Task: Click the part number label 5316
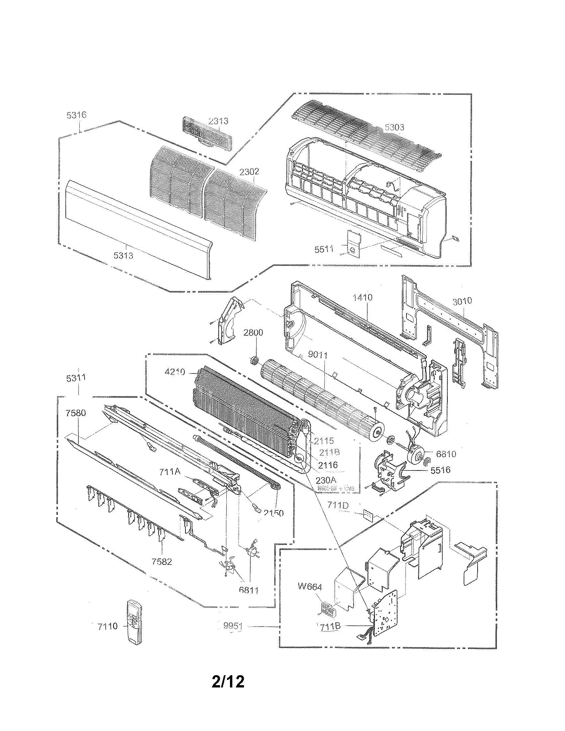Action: (x=76, y=115)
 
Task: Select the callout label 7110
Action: (x=108, y=626)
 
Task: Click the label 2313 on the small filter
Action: (x=218, y=121)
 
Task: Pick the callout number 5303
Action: (x=394, y=127)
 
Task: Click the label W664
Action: (x=310, y=586)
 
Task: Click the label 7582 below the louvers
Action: (x=162, y=561)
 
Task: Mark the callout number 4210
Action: (x=175, y=371)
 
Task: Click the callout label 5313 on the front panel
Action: (x=123, y=256)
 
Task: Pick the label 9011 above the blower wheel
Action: (x=317, y=355)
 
